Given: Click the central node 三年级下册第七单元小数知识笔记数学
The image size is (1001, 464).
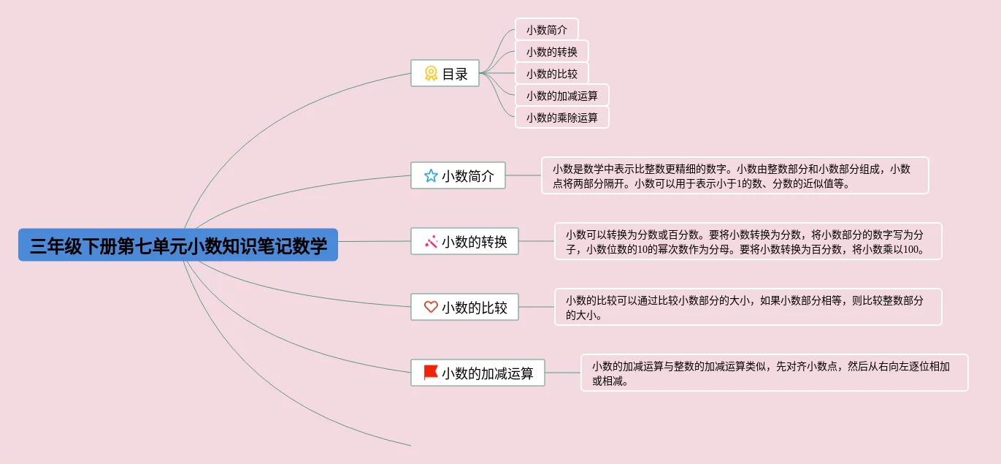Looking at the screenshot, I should coord(178,246).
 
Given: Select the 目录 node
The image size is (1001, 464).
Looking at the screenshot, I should coord(445,73).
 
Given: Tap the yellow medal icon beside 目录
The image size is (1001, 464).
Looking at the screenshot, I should coord(431,73).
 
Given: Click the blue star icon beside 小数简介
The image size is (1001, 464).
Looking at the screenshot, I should coord(431,175).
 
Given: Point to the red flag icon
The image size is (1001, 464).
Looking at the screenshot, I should coord(431,373).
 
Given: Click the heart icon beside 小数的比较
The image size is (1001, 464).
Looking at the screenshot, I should coord(431,307).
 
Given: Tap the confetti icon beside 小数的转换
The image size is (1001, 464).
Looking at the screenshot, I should coord(431,241).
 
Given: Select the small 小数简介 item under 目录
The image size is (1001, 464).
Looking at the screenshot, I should coord(546,30).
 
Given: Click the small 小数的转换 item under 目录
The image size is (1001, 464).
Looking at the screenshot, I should coord(551,52).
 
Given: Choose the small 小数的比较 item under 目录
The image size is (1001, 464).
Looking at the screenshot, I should coord(551,73).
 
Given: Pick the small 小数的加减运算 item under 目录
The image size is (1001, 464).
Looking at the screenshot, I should coord(561,95).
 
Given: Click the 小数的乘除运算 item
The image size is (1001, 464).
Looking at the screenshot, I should coord(561,117).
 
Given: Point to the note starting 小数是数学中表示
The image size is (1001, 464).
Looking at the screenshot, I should coord(735,175).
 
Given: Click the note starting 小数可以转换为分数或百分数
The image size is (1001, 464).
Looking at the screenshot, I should coord(748,241).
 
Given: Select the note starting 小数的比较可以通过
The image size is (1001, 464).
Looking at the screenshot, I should coord(748,307).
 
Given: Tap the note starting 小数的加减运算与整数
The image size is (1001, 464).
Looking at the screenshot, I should coord(774,373).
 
